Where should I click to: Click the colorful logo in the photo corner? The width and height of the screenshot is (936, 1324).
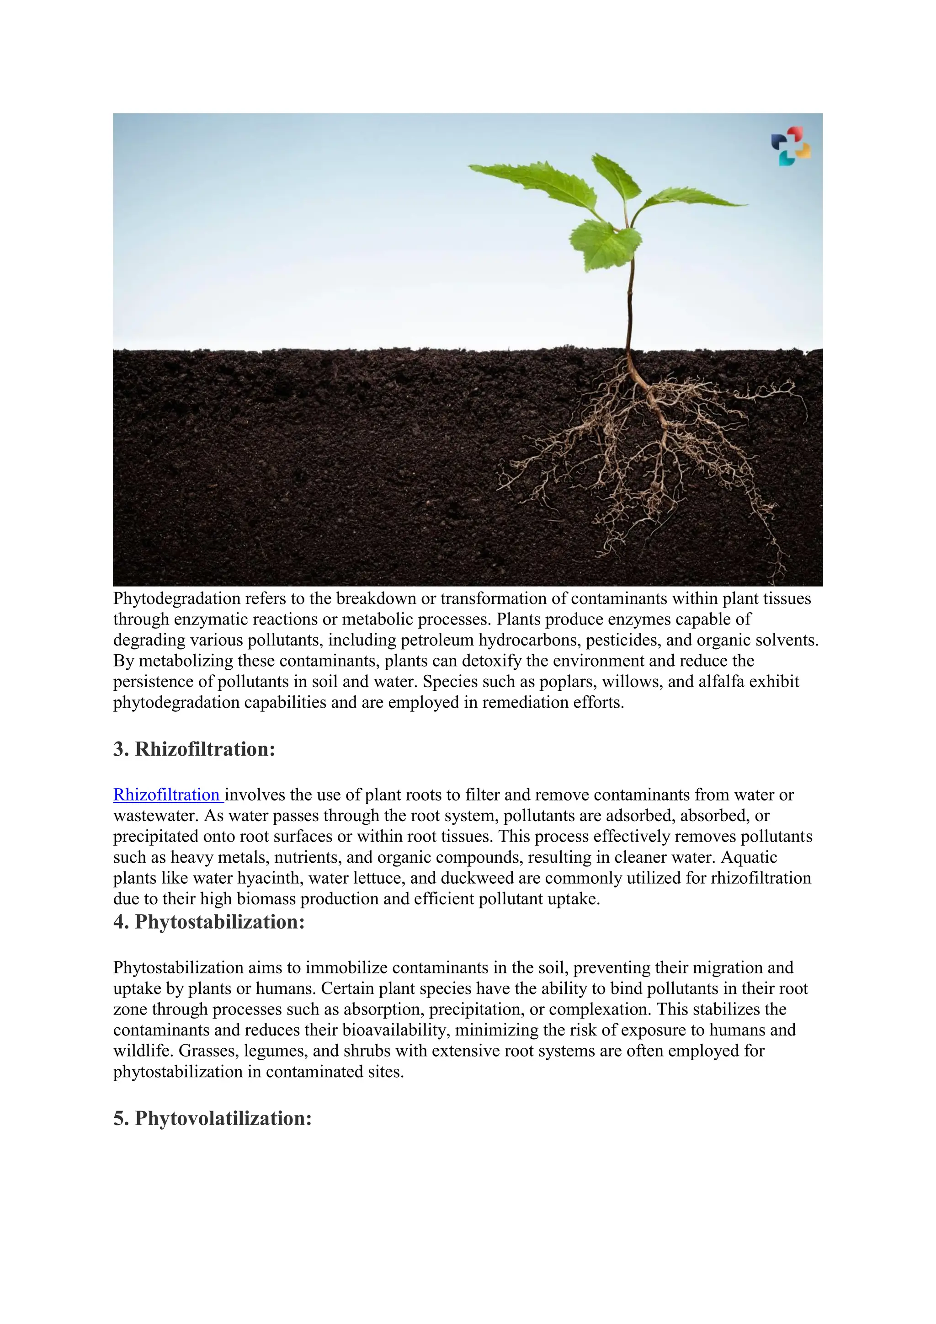pos(791,146)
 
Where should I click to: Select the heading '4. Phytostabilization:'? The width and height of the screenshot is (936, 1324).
pos(209,922)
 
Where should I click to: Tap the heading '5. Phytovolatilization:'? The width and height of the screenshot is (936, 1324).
pos(212,1118)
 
